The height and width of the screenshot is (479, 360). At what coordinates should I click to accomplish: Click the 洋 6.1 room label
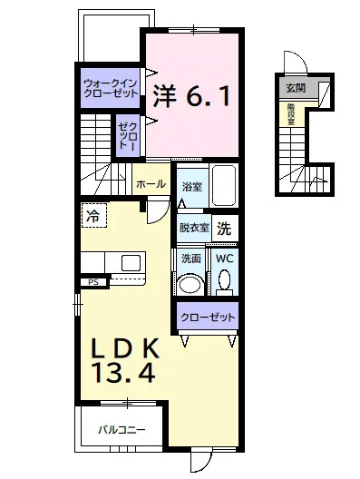(191, 95)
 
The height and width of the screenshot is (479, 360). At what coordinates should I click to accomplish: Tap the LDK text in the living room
(125, 348)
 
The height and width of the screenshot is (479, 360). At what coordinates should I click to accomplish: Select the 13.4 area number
(124, 373)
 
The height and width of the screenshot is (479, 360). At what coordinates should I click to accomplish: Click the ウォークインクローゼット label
(111, 88)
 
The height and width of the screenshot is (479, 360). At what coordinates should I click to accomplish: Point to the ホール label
(151, 184)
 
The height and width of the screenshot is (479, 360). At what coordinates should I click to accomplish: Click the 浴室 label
(192, 187)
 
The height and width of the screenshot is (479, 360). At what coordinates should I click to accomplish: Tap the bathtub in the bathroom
(224, 186)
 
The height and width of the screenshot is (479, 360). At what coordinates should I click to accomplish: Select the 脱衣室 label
(194, 228)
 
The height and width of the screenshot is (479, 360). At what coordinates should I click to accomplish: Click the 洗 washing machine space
(224, 229)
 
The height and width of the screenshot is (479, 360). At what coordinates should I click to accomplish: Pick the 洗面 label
(191, 259)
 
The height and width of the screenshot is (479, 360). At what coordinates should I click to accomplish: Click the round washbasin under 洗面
(191, 285)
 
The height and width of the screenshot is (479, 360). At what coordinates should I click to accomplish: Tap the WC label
(224, 259)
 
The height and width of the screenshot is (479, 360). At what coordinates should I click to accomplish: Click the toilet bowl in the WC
(225, 279)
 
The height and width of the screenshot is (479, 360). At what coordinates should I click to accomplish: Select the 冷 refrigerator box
(94, 215)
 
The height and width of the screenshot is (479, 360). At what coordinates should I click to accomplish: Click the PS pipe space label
(93, 282)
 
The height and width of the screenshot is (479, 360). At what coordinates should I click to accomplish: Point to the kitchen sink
(131, 262)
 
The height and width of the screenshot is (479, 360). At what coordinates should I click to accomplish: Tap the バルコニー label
(122, 430)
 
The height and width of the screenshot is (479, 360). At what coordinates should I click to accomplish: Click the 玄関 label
(296, 88)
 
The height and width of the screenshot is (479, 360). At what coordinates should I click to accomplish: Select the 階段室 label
(291, 114)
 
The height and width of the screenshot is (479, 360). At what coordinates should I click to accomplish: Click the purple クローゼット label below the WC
(208, 318)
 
